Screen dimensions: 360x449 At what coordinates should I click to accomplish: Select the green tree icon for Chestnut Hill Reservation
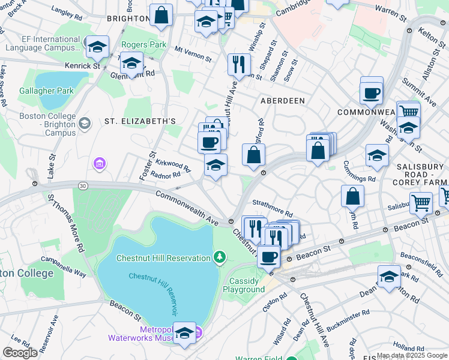[x=220, y=258]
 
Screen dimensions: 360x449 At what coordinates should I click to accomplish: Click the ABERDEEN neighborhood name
[x=282, y=101]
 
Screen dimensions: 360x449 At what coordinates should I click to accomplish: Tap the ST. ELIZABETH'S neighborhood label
[x=140, y=121]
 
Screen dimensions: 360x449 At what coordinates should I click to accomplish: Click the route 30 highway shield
[x=83, y=187]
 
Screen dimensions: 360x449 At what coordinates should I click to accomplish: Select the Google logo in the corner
[x=20, y=352]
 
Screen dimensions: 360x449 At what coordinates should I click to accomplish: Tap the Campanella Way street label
[x=64, y=267]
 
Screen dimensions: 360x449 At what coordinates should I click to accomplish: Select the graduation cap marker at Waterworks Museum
[x=185, y=333]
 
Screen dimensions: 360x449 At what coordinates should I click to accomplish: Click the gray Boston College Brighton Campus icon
[x=84, y=124]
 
